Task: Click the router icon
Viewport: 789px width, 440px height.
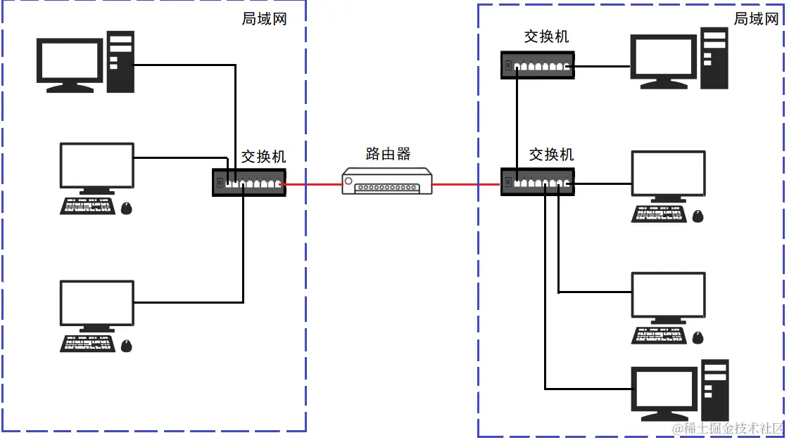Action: (386, 181)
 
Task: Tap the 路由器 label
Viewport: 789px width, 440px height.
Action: (388, 154)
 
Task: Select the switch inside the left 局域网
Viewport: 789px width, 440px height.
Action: (249, 182)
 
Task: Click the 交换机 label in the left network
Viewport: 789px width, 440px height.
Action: (264, 156)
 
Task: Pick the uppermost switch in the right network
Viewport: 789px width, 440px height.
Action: (537, 65)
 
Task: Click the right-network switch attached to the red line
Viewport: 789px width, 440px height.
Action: (536, 182)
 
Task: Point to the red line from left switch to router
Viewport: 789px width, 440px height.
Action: (313, 185)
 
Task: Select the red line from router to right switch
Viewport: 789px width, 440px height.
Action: (465, 185)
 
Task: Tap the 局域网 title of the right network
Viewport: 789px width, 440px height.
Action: (757, 19)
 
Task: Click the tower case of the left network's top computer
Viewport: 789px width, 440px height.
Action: (120, 62)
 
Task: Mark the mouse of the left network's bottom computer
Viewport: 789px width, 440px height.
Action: (126, 345)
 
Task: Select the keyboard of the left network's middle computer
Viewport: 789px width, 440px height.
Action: (87, 206)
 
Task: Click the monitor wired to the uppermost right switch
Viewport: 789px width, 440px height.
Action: (664, 58)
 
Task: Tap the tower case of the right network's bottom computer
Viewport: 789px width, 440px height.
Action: (714, 389)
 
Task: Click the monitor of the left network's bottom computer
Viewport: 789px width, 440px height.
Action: (97, 303)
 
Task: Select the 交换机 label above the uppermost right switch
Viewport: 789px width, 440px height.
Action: (546, 37)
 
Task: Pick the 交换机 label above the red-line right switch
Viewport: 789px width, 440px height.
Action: (551, 154)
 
